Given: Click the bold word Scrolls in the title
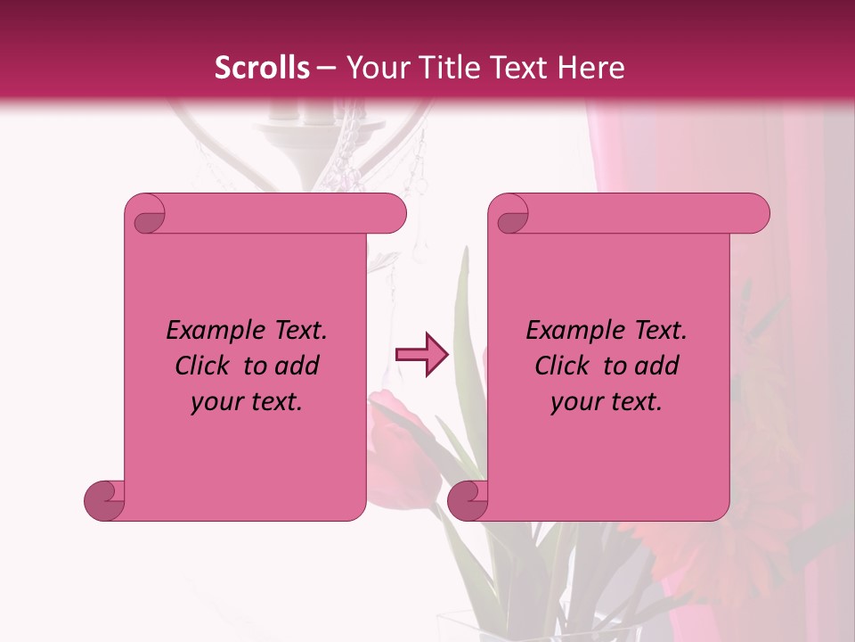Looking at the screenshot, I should pos(262,68).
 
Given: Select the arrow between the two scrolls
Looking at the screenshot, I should pos(421,355).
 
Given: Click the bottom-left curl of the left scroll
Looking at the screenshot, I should pos(105,500).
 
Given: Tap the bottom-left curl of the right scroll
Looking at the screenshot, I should pos(468,500).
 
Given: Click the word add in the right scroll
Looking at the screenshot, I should pos(657,366).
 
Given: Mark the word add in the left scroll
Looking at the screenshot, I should pos(297,366).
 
